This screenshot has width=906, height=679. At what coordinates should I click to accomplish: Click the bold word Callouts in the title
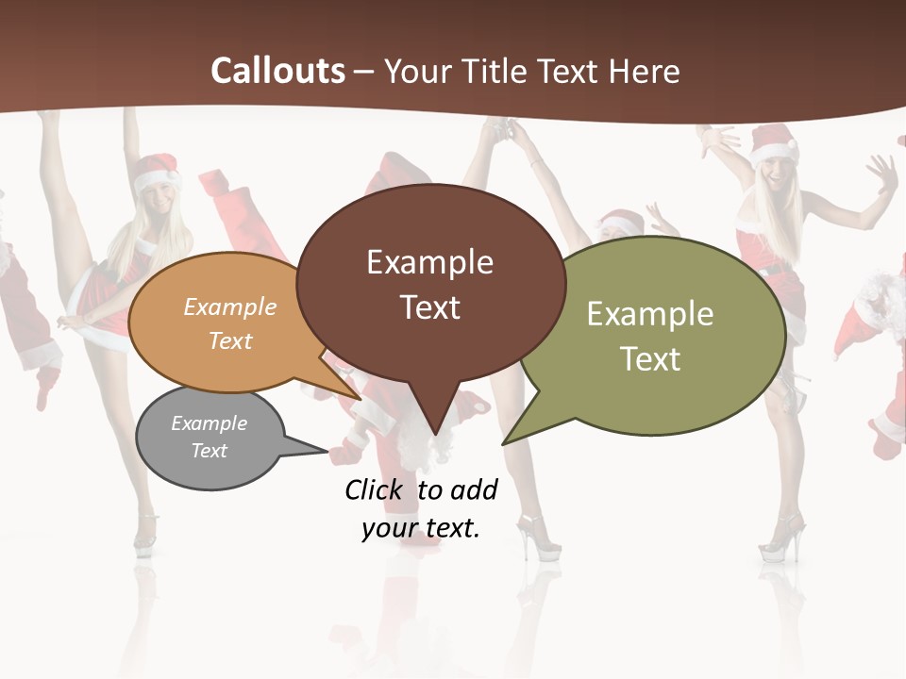click(277, 71)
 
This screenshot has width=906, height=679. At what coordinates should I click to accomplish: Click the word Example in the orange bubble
click(230, 306)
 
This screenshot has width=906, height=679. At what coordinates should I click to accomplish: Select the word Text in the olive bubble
click(650, 359)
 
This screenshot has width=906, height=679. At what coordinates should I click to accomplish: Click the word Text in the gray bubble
click(210, 451)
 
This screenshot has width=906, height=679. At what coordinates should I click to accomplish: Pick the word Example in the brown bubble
click(429, 262)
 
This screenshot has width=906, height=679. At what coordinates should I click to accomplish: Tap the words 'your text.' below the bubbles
click(421, 528)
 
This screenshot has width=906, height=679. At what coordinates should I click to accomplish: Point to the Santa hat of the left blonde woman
click(156, 173)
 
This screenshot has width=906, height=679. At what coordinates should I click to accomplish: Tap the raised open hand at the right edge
click(881, 174)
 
